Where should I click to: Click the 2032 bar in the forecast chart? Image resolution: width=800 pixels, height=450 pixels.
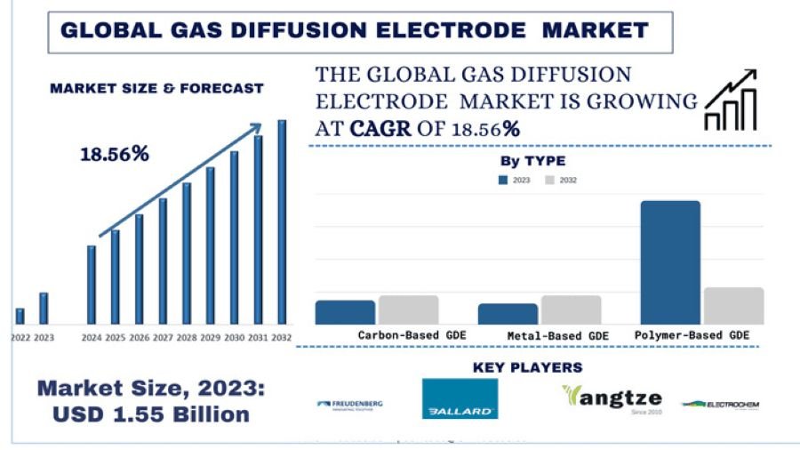tap(282, 222)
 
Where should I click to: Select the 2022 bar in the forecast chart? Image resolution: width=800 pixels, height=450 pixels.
tap(20, 316)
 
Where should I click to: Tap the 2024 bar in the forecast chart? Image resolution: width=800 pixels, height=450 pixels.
tap(91, 285)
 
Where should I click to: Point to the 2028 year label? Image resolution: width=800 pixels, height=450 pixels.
tap(187, 338)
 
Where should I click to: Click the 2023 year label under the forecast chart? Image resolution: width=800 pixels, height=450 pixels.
tap(44, 338)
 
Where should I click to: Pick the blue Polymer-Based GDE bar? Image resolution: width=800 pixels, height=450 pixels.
tap(670, 262)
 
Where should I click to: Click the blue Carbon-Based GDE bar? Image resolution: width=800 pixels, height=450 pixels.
tap(345, 312)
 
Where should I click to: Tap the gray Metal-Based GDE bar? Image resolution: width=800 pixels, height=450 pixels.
tap(571, 309)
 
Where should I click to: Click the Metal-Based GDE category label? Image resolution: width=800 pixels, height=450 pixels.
tap(558, 336)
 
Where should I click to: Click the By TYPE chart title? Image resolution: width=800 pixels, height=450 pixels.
tap(532, 161)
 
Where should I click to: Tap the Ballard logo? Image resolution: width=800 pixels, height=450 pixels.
tap(460, 399)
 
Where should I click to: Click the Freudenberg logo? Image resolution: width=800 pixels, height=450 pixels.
tap(349, 405)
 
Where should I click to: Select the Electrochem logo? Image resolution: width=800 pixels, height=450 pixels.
tap(720, 405)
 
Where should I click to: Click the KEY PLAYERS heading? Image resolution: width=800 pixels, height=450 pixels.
tap(527, 367)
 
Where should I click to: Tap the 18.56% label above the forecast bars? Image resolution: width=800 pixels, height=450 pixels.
tap(115, 154)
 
